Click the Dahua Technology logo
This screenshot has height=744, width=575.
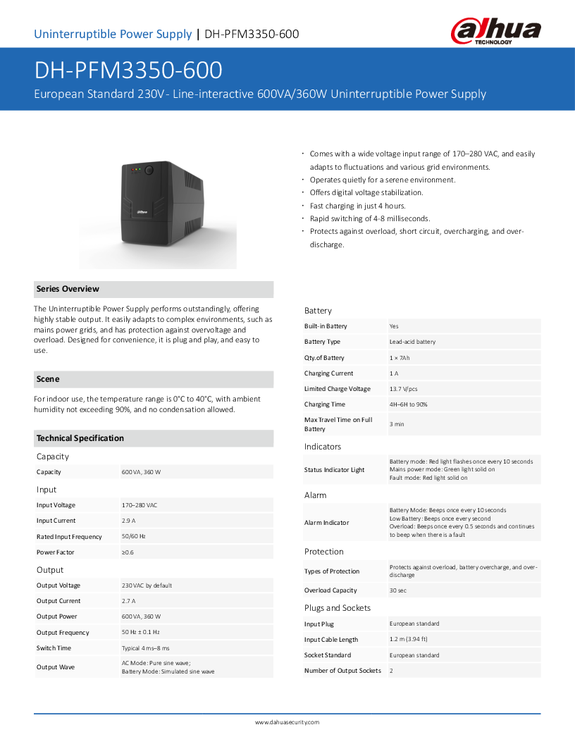pyautogui.click(x=495, y=32)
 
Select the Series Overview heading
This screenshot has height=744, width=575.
pyautogui.click(x=68, y=289)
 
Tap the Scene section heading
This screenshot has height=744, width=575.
pyautogui.click(x=48, y=379)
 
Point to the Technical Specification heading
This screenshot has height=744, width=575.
pyautogui.click(x=80, y=438)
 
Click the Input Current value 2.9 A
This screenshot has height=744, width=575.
pyautogui.click(x=128, y=521)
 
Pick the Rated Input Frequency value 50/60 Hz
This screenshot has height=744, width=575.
pyautogui.click(x=133, y=537)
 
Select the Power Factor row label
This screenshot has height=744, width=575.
pyautogui.click(x=55, y=552)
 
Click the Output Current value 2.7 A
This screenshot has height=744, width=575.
pyautogui.click(x=128, y=601)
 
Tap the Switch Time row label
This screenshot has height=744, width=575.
pyautogui.click(x=54, y=648)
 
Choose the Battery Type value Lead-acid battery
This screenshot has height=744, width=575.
pyautogui.click(x=412, y=342)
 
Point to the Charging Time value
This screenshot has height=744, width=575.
pyautogui.click(x=408, y=404)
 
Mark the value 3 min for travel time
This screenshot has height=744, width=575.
pyautogui.click(x=397, y=424)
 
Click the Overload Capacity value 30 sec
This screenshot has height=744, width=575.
pyautogui.click(x=398, y=590)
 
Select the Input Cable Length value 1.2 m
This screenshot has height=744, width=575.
pyautogui.click(x=408, y=640)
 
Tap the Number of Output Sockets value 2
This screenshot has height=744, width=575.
pyautogui.click(x=391, y=671)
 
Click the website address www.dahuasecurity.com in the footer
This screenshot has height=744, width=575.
pyautogui.click(x=287, y=722)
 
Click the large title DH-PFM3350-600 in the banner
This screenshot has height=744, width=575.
pyautogui.click(x=128, y=70)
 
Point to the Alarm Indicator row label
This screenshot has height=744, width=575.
pyautogui.click(x=326, y=523)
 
